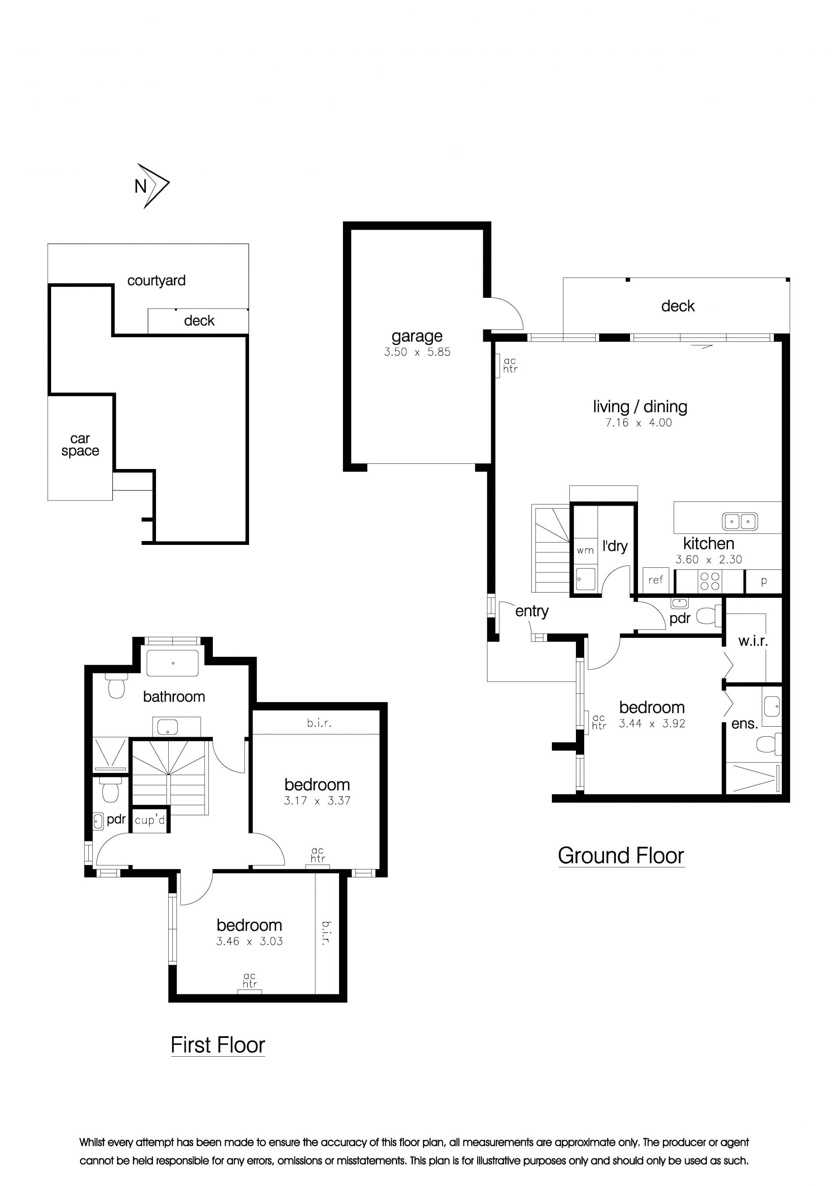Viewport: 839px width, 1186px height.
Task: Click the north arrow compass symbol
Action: (x=153, y=186)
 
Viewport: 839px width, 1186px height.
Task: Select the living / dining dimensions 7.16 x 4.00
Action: (x=638, y=423)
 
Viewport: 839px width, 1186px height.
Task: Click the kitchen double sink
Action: (x=740, y=521)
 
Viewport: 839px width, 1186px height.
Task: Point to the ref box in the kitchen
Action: (x=656, y=580)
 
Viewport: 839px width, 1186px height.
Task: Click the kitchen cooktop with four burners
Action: (x=709, y=581)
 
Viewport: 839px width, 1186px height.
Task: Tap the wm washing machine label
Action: (x=585, y=551)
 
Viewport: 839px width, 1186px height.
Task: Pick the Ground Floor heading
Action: (x=621, y=856)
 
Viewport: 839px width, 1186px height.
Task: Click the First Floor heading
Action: (x=218, y=1045)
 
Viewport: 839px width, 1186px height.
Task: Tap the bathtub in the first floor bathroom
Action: (x=173, y=663)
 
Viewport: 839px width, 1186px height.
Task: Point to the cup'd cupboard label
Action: (x=150, y=820)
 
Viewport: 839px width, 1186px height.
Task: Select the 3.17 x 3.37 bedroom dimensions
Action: (x=317, y=801)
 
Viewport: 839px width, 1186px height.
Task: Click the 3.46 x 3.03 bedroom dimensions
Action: (x=249, y=941)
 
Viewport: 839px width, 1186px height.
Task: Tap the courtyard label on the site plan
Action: (x=156, y=280)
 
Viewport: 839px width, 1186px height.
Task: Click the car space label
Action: (x=80, y=445)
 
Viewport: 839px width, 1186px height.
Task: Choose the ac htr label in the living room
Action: (x=510, y=365)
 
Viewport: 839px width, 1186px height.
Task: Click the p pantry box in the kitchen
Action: (x=763, y=581)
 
